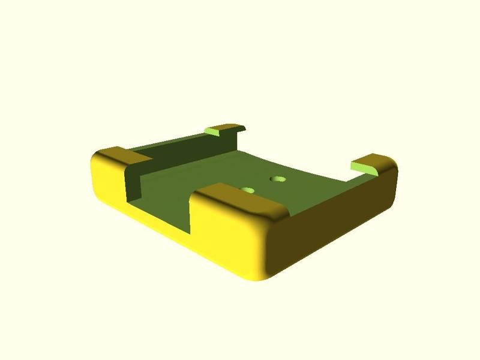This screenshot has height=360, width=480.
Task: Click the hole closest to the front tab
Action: click(x=248, y=190)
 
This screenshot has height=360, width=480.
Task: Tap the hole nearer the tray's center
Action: click(x=278, y=179)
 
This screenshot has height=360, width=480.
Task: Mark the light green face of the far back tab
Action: click(x=213, y=130)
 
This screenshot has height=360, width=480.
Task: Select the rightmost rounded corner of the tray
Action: click(x=392, y=180)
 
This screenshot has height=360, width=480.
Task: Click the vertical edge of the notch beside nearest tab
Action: click(x=191, y=213)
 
